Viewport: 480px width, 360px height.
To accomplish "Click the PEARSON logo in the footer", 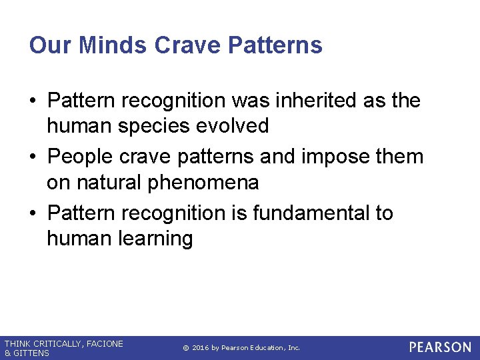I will pyautogui.click(x=440, y=347).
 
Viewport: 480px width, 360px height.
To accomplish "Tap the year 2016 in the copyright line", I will pyautogui.click(x=201, y=348).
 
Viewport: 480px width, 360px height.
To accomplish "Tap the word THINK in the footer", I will pyautogui.click(x=17, y=343).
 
